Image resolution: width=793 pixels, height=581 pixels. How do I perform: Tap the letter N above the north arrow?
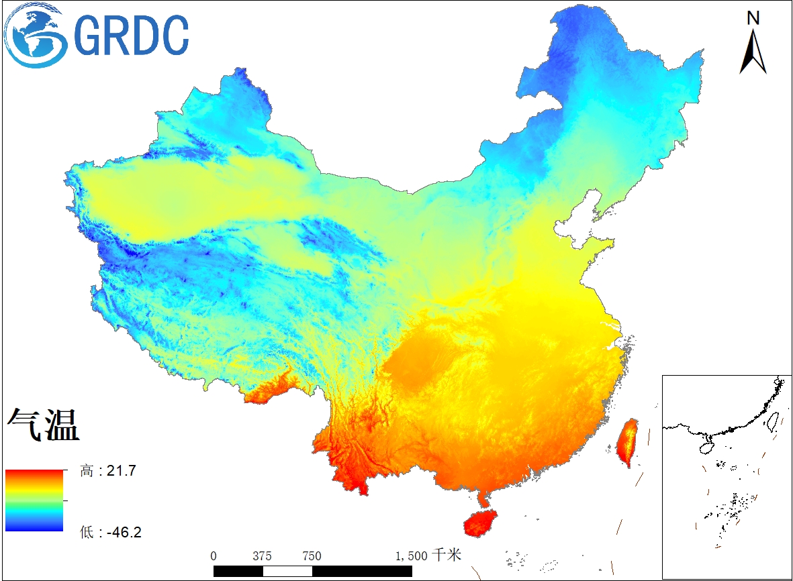(753, 18)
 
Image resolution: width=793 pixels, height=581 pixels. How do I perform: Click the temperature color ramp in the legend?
(34, 500)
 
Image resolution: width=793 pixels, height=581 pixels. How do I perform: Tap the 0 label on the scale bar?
(214, 556)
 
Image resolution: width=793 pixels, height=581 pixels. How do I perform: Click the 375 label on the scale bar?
(263, 556)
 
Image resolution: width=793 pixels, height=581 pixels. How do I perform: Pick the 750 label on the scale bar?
(312, 556)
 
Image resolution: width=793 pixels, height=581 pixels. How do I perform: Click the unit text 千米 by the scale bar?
(446, 555)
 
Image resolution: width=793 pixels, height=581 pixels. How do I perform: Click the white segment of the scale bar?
(287, 571)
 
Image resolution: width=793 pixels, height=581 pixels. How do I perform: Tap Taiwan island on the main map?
(628, 443)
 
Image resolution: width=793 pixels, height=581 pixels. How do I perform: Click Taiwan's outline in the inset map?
(772, 420)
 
